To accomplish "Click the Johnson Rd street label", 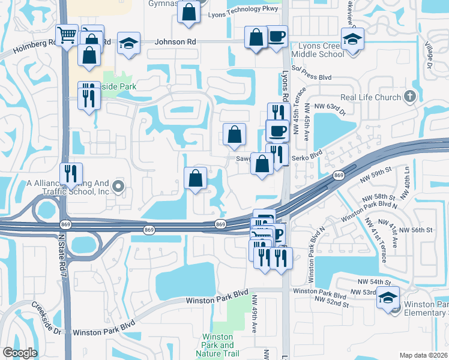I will pyautogui.click(x=175, y=43).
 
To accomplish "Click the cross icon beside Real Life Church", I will pyautogui.click(x=409, y=97).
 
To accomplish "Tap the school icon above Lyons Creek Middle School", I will pyautogui.click(x=352, y=40).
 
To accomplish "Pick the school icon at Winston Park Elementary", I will pyautogui.click(x=388, y=298).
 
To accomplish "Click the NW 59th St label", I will pyautogui.click(x=376, y=172).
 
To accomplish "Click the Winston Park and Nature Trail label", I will pyautogui.click(x=218, y=345).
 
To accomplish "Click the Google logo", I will pyautogui.click(x=20, y=353).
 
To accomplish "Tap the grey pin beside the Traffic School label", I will pyautogui.click(x=118, y=187).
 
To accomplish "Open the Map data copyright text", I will pyautogui.click(x=423, y=355).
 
